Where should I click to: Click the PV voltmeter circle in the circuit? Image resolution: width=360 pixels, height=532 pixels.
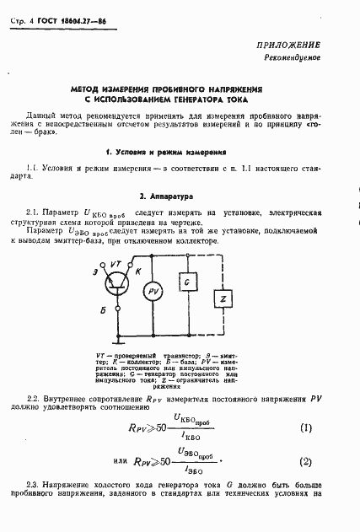[153, 293]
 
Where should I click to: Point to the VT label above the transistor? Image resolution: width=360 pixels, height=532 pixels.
[119, 264]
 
